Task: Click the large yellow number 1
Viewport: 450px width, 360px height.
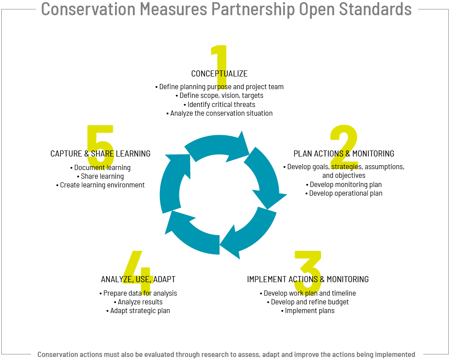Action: click(220, 67)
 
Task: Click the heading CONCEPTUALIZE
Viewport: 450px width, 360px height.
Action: click(219, 74)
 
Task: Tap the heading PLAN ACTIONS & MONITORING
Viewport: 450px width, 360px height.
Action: click(344, 154)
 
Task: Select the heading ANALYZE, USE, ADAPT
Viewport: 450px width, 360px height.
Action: click(138, 279)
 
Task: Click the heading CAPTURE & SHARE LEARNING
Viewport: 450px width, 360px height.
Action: click(100, 154)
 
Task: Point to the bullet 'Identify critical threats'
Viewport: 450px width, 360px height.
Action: click(219, 105)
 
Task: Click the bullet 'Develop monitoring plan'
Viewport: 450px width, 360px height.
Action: click(344, 184)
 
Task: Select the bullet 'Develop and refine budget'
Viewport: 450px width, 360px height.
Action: click(308, 302)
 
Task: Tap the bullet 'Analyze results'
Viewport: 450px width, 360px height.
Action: click(138, 302)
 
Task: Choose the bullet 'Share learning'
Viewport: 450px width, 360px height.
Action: click(100, 177)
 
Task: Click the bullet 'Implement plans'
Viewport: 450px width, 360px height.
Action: click(308, 311)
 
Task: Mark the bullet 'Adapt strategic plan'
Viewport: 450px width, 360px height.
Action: click(138, 311)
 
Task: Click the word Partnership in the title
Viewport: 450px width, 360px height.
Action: click(253, 9)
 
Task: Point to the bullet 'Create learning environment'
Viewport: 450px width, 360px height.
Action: click(100, 185)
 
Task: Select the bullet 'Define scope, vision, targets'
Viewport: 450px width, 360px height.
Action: click(219, 96)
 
